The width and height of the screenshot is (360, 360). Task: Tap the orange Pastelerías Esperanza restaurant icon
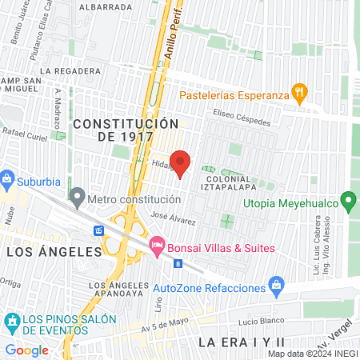tap(299, 92)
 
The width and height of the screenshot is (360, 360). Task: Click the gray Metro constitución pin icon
tap(77, 195)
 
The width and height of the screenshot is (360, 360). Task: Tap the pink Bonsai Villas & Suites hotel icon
tap(156, 244)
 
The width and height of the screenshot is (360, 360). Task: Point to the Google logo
tap(26, 350)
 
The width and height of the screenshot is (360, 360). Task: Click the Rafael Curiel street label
tap(27, 132)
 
